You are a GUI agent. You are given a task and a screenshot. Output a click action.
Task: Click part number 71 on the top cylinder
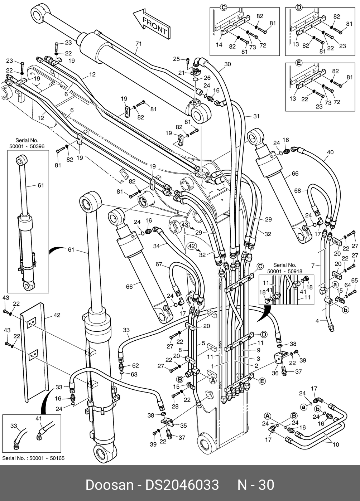(x=139, y=44)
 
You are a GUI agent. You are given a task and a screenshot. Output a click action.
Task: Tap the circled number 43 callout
(x=184, y=224)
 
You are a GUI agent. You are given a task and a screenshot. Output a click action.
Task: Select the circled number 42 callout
(x=192, y=246)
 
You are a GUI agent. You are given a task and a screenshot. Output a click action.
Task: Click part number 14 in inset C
(x=219, y=44)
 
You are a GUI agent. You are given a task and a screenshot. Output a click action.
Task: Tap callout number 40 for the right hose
(x=330, y=152)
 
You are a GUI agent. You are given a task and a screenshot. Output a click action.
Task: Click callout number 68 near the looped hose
(x=298, y=190)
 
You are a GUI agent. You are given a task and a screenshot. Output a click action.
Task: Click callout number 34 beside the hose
(x=157, y=246)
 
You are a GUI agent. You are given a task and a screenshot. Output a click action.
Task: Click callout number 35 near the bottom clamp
(x=183, y=425)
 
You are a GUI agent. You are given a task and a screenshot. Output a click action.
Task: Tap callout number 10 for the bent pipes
(x=336, y=444)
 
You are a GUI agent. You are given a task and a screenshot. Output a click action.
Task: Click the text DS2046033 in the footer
(x=182, y=485)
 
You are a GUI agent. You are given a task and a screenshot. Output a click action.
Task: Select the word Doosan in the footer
(x=109, y=485)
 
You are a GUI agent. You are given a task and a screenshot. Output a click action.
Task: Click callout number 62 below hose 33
(x=135, y=365)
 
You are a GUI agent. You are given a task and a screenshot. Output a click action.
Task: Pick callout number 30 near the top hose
(x=227, y=64)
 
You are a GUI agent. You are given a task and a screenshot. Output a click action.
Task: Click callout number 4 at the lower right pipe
(x=317, y=321)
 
